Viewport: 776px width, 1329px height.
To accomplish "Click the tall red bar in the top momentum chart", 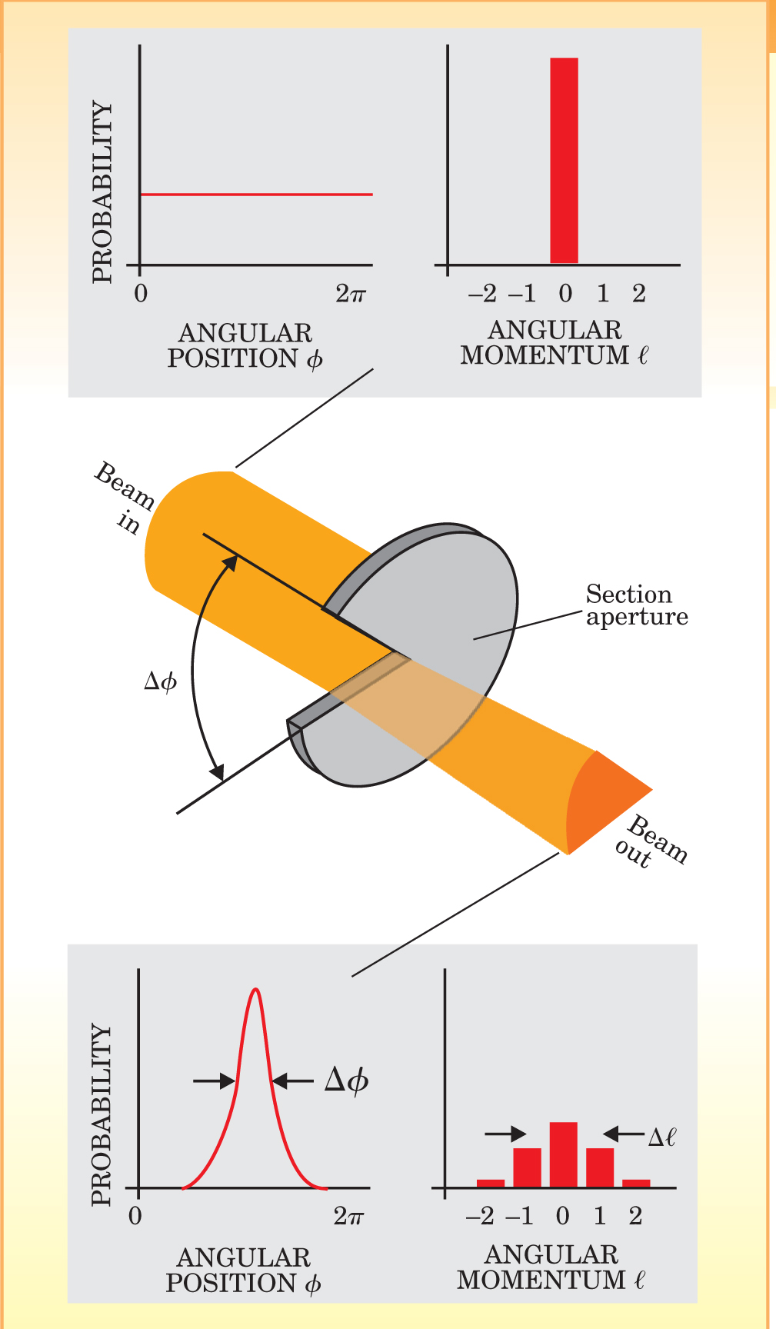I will pyautogui.click(x=564, y=160).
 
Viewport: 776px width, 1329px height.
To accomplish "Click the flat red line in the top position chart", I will pyautogui.click(x=256, y=195).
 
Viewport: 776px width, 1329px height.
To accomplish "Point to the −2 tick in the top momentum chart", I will pyautogui.click(x=482, y=293).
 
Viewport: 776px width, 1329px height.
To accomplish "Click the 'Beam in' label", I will pyautogui.click(x=123, y=496).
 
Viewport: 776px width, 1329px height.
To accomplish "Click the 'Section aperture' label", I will pyautogui.click(x=636, y=605).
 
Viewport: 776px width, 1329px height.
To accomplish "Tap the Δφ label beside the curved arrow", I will pyautogui.click(x=160, y=681).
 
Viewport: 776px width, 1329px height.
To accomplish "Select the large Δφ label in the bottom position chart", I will pyautogui.click(x=346, y=1081).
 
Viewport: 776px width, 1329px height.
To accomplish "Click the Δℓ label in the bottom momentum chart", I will pyautogui.click(x=661, y=1137).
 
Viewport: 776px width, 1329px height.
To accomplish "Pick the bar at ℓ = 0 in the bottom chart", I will pyautogui.click(x=563, y=1154).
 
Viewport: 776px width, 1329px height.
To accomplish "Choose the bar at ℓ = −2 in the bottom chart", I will pyautogui.click(x=491, y=1183).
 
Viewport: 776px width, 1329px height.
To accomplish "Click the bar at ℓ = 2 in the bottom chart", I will pyautogui.click(x=636, y=1183).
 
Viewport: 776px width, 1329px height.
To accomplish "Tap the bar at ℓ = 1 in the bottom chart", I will pyautogui.click(x=600, y=1167).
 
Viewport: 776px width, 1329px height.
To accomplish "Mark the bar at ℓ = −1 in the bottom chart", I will pyautogui.click(x=527, y=1167).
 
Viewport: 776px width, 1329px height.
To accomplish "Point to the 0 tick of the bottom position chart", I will pyautogui.click(x=135, y=1216).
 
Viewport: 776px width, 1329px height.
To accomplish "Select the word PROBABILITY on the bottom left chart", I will pyautogui.click(x=102, y=1114).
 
